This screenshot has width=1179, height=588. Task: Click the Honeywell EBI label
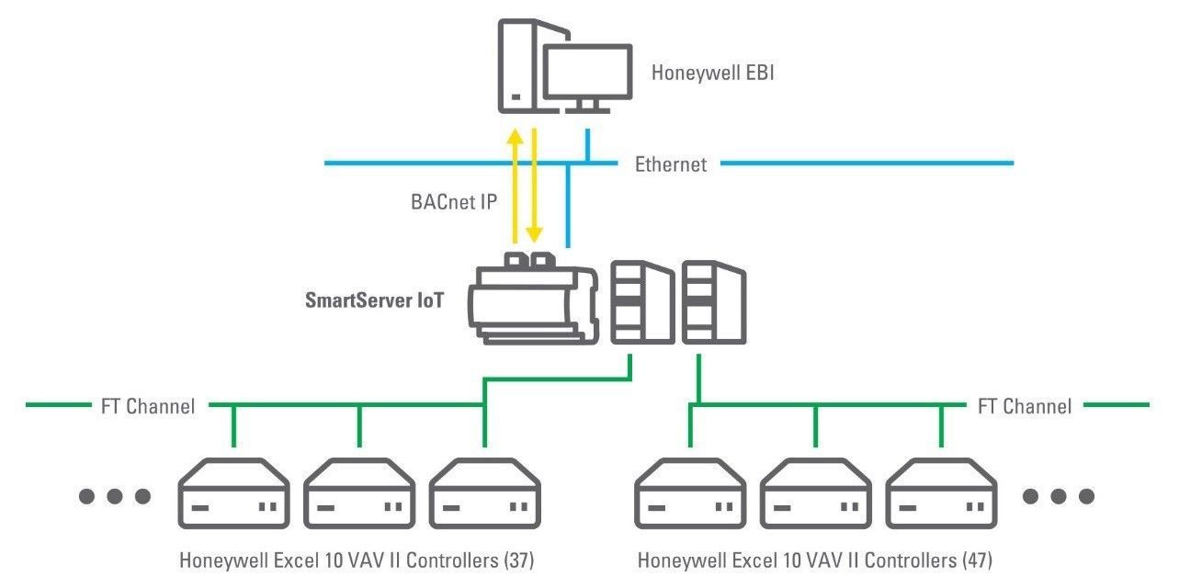click(x=713, y=73)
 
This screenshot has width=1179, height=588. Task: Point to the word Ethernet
click(x=671, y=164)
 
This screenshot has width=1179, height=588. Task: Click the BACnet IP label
click(x=454, y=202)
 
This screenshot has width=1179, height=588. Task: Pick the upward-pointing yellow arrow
click(x=515, y=187)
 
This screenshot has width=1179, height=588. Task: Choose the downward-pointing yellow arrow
click(x=534, y=186)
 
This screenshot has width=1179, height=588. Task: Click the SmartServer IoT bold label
click(x=374, y=300)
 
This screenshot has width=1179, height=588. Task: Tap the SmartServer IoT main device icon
click(x=533, y=299)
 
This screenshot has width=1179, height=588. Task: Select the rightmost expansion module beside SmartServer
click(x=714, y=302)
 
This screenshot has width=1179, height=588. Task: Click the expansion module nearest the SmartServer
click(x=642, y=302)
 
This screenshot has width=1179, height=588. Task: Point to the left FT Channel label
click(x=148, y=406)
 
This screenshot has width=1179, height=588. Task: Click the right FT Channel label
click(x=1025, y=406)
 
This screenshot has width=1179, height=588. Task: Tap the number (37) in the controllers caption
click(x=518, y=560)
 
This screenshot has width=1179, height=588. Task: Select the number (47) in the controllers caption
click(x=977, y=560)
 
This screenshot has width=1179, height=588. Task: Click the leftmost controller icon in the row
click(x=233, y=493)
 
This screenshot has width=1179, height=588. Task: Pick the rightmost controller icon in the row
click(x=942, y=493)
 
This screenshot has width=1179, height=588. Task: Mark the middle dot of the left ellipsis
click(x=115, y=496)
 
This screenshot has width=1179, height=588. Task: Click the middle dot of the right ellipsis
click(x=1059, y=496)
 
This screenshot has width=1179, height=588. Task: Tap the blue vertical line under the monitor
click(x=587, y=145)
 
